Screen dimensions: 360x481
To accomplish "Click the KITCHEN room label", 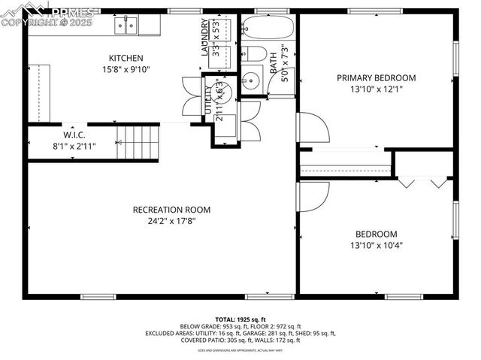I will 126,59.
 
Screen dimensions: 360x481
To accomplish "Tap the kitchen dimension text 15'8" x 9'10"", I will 126,70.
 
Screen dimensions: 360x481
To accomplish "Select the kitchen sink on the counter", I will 126,26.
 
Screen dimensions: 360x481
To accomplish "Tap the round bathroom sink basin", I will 251,80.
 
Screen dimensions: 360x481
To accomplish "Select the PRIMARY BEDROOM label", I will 376,78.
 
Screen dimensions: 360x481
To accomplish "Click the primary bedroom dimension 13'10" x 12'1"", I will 376,89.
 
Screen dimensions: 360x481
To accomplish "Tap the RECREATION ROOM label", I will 171,210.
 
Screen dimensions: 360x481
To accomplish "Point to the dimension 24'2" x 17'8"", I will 171,221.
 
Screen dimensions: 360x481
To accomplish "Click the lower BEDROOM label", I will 377,234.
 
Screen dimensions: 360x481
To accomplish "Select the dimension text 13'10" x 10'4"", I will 377,246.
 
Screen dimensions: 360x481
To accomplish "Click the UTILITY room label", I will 208,99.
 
